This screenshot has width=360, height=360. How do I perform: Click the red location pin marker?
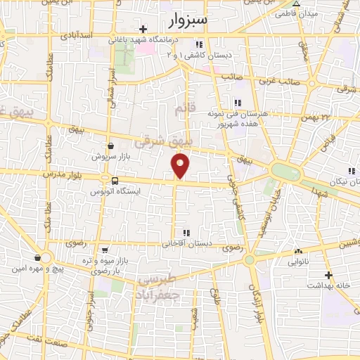coord(180,166)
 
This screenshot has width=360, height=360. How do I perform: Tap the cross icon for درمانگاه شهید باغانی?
coord(144,29)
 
